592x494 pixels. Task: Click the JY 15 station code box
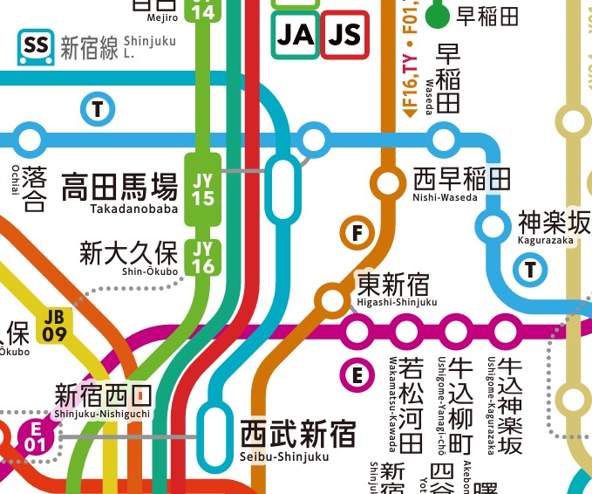pos(202,189)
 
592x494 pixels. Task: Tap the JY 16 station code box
pos(202,257)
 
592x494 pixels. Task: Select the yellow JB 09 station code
pos(54,325)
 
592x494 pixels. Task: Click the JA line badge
pos(295,34)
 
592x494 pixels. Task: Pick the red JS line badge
pos(344,34)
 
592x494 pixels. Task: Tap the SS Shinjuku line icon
pos(36,45)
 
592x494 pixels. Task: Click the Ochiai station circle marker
pos(31,139)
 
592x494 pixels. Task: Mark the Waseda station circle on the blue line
pos(444,139)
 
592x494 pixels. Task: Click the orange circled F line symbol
pos(356,233)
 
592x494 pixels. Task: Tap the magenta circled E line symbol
pos(356,376)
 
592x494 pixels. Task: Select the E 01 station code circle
pos(35,436)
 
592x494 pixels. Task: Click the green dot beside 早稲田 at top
pos(437,15)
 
